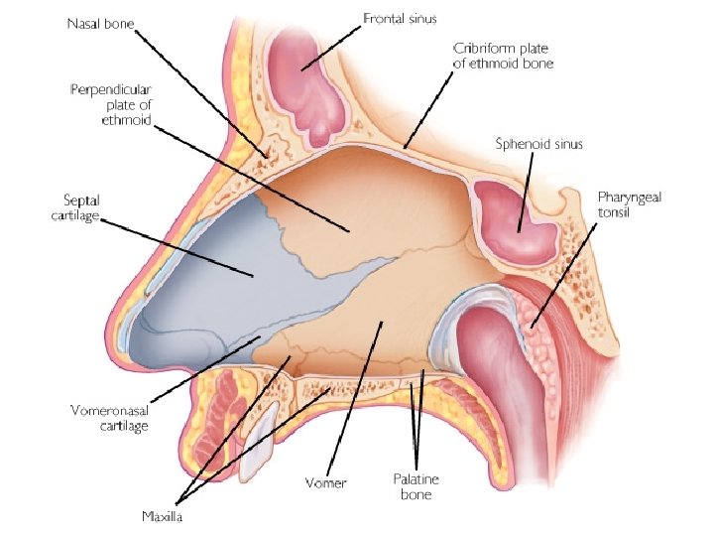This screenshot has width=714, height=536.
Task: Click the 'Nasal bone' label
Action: pos(101,22)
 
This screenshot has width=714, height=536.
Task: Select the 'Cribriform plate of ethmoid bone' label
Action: pos(502,55)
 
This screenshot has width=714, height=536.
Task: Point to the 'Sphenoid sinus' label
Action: pos(538,143)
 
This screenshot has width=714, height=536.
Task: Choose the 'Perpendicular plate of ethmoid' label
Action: pos(111,104)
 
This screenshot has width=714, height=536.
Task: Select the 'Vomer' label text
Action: pos(327,482)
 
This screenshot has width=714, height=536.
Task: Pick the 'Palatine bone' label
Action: pos(416,485)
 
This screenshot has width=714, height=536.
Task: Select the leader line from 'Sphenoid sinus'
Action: pos(525,190)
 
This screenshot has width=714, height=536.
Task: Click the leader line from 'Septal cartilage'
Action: pos(178,247)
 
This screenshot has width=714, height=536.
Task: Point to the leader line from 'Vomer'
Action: pos(357,397)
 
